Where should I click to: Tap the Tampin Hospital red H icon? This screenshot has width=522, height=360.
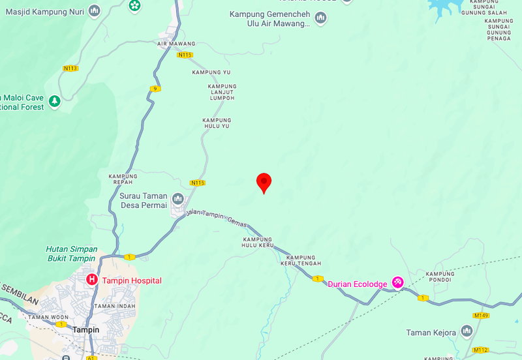pos(92,280)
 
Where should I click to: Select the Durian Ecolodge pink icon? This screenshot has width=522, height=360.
pos(397,282)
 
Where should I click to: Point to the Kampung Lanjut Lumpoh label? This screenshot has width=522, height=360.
pos(222,92)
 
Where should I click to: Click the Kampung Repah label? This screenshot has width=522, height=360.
pos(123,179)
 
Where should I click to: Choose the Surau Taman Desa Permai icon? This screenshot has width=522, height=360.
pos(177,198)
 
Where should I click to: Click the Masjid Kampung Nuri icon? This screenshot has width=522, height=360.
pos(95,10)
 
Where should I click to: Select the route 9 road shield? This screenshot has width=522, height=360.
pos(155,89)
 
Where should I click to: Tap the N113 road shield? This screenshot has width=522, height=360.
pos(70,68)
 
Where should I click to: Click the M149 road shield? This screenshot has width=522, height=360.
pos(482,316)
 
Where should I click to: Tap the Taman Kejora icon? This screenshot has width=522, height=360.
pos(466,332)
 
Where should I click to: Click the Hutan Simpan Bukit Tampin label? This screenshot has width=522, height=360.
pos(72,254)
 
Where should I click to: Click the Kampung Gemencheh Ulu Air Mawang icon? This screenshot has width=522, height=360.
pos(320,18)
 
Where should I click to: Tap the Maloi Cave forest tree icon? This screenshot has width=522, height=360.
pos(55,101)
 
